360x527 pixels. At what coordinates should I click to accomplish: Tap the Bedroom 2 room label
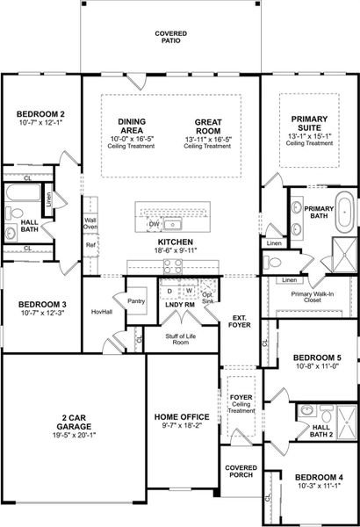click(41, 114)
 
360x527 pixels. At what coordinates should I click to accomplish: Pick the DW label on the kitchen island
click(155, 224)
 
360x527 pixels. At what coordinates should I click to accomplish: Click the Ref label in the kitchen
click(90, 246)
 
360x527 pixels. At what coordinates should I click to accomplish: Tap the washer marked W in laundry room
click(188, 291)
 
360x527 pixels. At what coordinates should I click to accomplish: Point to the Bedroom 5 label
click(312, 357)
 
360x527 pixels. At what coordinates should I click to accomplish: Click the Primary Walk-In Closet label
click(306, 295)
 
